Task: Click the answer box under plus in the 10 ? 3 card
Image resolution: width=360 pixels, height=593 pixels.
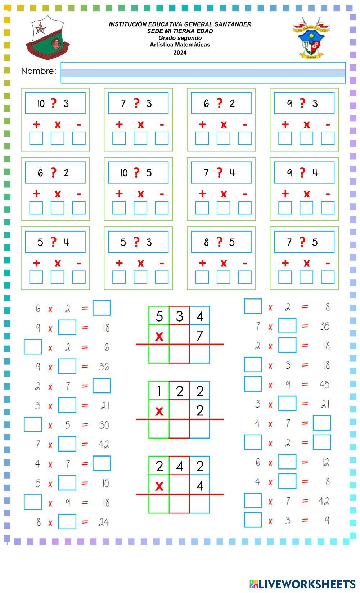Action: (36, 138)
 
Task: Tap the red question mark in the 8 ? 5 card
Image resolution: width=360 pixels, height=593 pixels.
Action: (220, 242)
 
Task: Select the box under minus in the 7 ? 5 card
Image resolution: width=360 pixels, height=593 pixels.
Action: (328, 277)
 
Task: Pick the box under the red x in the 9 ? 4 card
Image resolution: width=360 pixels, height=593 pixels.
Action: (306, 208)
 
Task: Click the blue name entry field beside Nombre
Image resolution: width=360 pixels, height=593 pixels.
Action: (203, 72)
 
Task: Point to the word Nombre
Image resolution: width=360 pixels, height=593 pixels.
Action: (39, 71)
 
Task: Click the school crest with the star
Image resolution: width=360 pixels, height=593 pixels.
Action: (47, 37)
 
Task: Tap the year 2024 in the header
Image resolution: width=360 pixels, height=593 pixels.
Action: (180, 53)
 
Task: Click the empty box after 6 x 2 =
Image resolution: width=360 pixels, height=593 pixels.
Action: (102, 308)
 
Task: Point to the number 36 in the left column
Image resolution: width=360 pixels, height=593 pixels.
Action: (104, 367)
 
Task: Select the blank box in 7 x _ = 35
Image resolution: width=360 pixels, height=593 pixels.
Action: (287, 326)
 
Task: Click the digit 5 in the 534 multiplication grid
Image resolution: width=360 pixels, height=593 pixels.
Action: (159, 316)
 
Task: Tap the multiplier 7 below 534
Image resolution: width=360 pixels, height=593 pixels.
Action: (200, 336)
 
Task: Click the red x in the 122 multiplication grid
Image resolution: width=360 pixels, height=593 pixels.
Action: (159, 410)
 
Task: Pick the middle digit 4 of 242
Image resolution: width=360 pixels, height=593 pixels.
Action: (179, 466)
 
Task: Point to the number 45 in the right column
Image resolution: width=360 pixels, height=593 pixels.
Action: (324, 385)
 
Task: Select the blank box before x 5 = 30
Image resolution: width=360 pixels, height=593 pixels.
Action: (33, 424)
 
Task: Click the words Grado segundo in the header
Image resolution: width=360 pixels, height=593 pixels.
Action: (180, 38)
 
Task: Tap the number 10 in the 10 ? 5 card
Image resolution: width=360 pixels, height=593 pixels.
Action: (124, 173)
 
